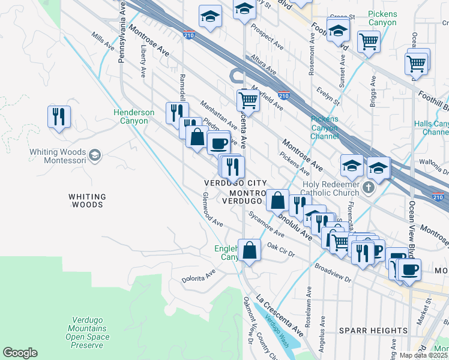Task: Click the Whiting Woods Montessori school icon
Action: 94,156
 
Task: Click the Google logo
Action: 20,353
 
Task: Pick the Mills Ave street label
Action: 103,41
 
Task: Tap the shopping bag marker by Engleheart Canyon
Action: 249,250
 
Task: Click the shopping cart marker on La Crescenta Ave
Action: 247,100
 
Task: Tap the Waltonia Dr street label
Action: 427,161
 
